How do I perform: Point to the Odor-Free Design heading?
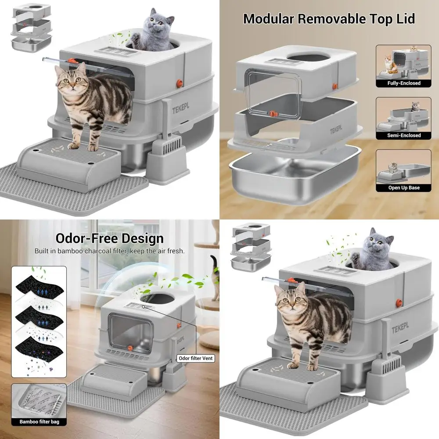[109, 238]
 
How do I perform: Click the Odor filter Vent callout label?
[195, 358]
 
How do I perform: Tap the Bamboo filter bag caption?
[39, 422]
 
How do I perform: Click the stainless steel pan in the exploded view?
[294, 173]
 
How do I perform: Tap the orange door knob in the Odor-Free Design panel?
[130, 348]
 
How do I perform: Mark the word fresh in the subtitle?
[176, 252]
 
